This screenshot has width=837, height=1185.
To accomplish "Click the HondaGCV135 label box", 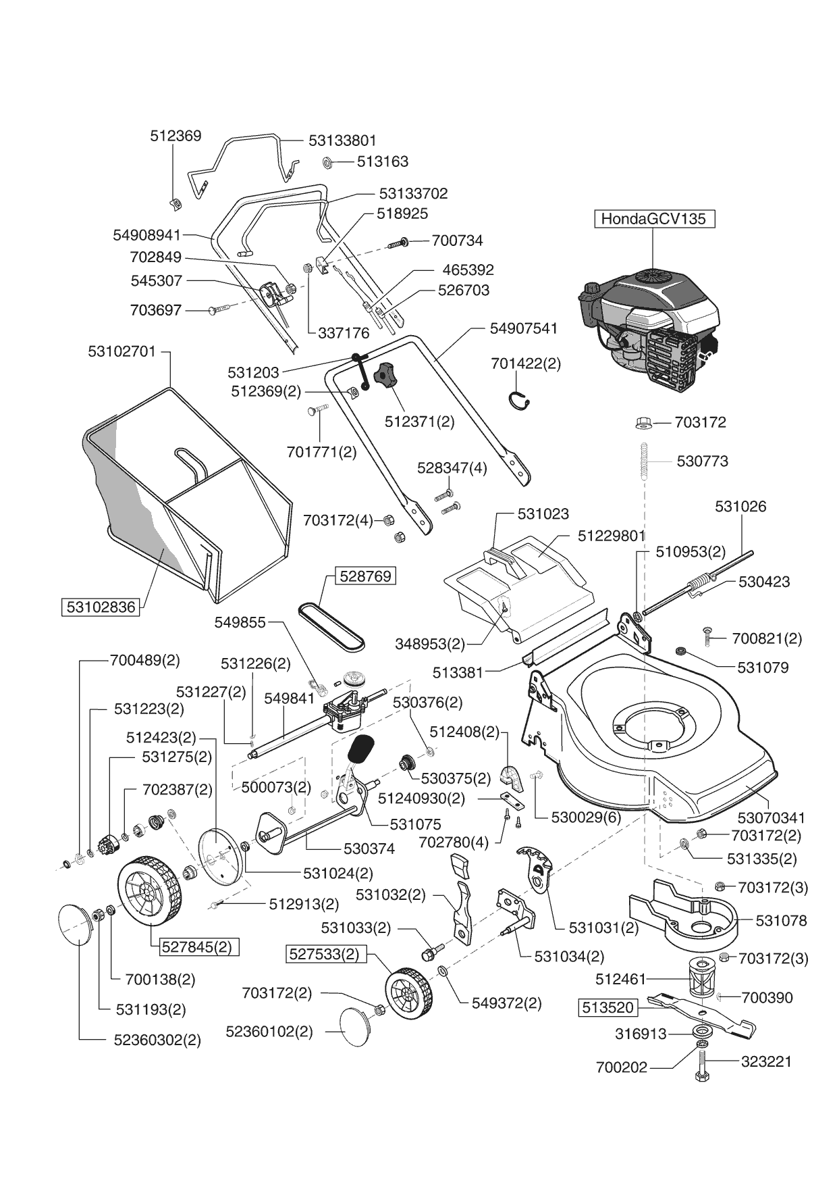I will [x=653, y=219].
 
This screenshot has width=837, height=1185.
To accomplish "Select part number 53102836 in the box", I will [x=101, y=607].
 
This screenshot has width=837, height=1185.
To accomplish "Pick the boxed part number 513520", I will [x=607, y=1008].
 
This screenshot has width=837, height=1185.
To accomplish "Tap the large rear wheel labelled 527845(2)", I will [x=149, y=891].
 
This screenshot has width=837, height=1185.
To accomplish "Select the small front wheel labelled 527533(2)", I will [x=408, y=992].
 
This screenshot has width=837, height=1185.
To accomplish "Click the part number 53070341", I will [x=771, y=817].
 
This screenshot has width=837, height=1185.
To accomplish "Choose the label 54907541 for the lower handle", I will [x=524, y=328].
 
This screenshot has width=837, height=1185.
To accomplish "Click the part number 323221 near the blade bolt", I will [x=766, y=1061].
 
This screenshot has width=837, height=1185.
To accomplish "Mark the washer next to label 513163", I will [x=327, y=162].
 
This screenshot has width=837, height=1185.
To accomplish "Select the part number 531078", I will [x=781, y=920].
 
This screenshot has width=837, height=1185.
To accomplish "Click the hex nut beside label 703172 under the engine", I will [x=643, y=423].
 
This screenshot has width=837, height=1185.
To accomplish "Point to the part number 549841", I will [x=290, y=699].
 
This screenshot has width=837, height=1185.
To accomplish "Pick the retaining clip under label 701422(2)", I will [x=518, y=400].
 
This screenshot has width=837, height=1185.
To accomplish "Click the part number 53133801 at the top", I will [x=342, y=141].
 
